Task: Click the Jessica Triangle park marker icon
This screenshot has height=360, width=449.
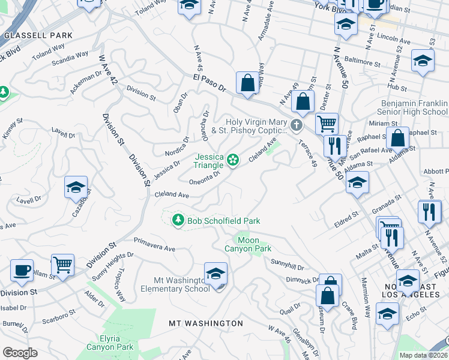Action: [x=234, y=160]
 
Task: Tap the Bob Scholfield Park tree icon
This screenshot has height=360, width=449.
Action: [x=178, y=221]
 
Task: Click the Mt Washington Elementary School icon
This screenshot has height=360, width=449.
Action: [x=216, y=274]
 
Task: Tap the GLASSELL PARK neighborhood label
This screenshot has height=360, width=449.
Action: [x=38, y=35]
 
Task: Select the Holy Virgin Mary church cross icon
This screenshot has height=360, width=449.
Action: [x=296, y=125]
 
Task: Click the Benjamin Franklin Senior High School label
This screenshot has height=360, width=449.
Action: [x=414, y=107]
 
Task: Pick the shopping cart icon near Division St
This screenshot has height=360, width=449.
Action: [x=62, y=265]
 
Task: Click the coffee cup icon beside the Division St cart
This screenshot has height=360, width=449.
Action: [x=22, y=270]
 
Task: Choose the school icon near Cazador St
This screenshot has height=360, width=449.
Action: [x=76, y=188]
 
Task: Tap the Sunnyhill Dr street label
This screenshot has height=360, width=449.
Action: [x=288, y=265]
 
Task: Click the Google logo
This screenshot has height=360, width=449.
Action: [x=20, y=352]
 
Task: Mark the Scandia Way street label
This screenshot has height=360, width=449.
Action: [x=70, y=59]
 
